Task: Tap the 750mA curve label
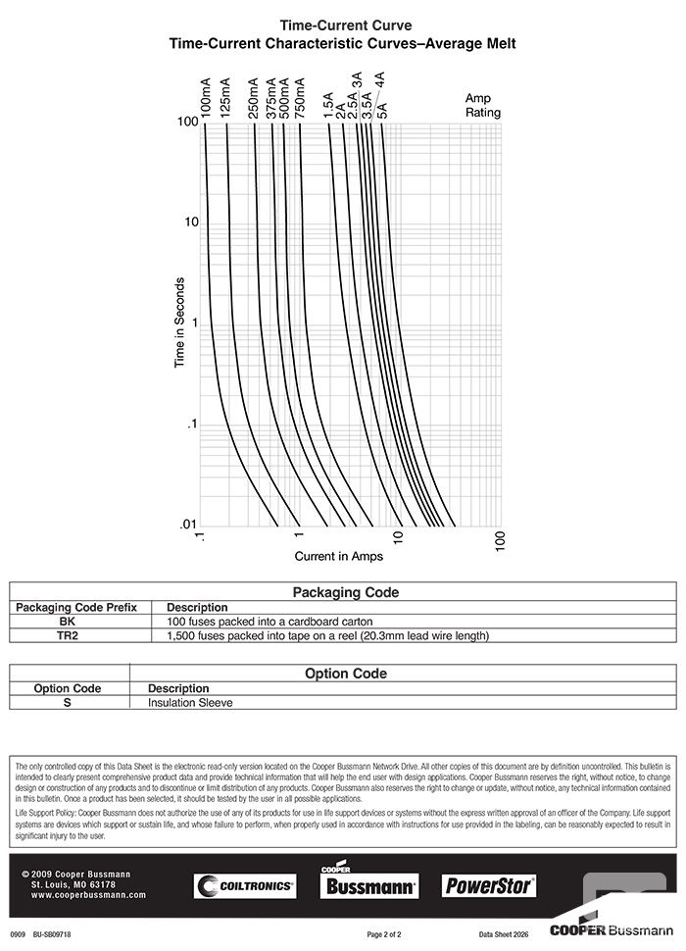tap(299, 98)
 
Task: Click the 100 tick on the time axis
tap(188, 122)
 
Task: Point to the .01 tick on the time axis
tap(188, 526)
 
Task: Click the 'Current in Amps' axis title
tap(339, 557)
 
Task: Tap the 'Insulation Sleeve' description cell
tap(190, 702)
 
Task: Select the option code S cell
tap(67, 702)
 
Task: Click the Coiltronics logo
tap(245, 885)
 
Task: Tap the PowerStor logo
tap(489, 885)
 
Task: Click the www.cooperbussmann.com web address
tap(82, 895)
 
